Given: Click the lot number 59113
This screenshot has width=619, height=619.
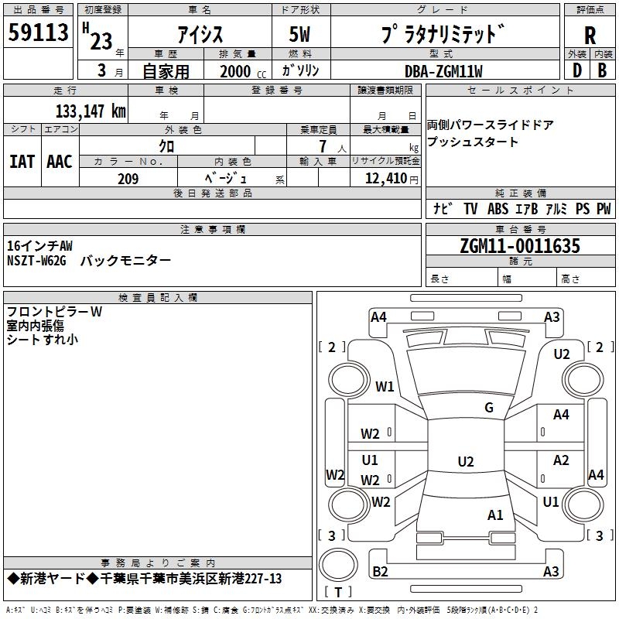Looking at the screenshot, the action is [x=38, y=32].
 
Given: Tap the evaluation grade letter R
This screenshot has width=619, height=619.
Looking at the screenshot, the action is [x=590, y=36].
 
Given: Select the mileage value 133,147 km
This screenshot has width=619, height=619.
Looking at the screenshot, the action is [x=91, y=111].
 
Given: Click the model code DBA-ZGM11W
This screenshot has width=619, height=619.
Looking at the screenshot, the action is [x=443, y=71].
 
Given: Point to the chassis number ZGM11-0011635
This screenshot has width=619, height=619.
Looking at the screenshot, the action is [x=520, y=246].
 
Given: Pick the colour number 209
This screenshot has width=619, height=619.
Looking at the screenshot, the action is [x=128, y=179].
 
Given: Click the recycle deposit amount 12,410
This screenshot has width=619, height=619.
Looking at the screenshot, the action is [x=385, y=179].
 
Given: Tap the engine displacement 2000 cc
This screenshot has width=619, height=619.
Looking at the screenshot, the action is [x=243, y=71].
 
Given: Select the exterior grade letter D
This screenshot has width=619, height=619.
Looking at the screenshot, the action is [x=576, y=70].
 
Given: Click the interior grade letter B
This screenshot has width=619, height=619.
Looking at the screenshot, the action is [x=602, y=70].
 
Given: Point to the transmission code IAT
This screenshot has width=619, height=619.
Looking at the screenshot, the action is [x=22, y=162].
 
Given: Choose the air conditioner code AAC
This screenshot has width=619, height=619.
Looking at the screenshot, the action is [x=60, y=162].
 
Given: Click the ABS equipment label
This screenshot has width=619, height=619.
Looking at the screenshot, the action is [x=498, y=208].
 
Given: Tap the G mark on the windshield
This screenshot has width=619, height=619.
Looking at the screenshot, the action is [x=489, y=407].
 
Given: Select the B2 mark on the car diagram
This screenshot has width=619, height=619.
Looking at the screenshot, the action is [x=380, y=571].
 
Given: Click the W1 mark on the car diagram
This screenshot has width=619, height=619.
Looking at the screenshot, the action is [x=385, y=386].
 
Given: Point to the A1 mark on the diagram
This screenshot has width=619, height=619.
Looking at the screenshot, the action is [x=495, y=515].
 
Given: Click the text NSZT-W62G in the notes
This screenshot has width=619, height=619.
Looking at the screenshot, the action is [x=36, y=261].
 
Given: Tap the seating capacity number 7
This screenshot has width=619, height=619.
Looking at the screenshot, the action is [x=323, y=146].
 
